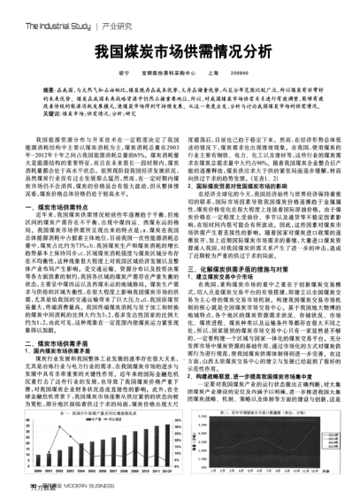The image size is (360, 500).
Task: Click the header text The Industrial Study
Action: point(40,10)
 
